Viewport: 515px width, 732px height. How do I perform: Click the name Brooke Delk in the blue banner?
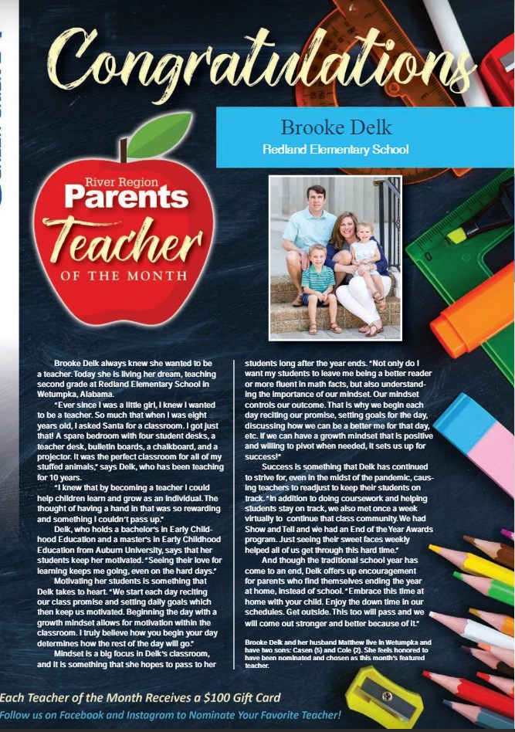(x=336, y=127)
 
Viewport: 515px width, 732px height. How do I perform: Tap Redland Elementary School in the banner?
(x=336, y=149)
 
